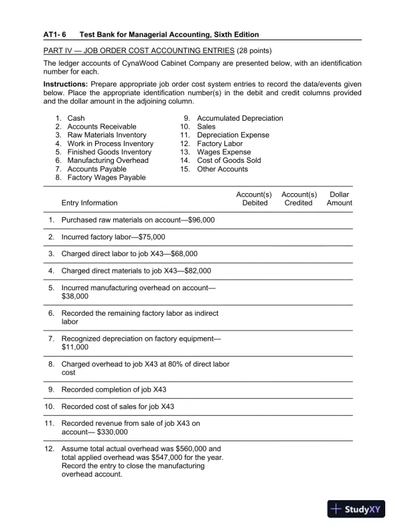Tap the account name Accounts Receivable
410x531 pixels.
[x=102, y=127]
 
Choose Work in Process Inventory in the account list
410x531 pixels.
[x=111, y=143]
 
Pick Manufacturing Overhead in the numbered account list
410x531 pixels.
[x=108, y=161]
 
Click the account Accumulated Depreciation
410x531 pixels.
[x=240, y=118]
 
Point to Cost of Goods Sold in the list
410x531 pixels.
[x=229, y=161]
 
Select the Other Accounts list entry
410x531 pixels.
[x=222, y=169]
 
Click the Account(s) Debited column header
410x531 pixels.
[x=254, y=198]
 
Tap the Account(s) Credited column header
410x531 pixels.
[x=298, y=198]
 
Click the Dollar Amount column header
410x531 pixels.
[x=339, y=198]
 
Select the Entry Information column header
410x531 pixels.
[x=89, y=203]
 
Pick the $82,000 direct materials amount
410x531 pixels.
[x=197, y=272]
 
